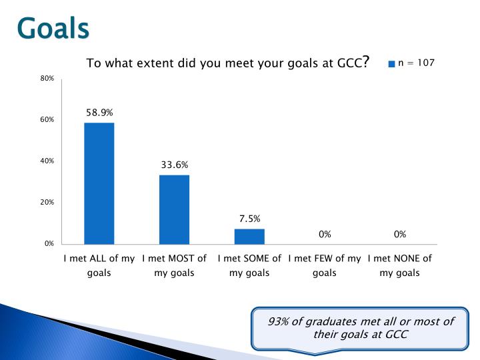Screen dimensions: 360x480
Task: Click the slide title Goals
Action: (x=53, y=28)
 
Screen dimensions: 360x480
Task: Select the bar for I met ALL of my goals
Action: (x=99, y=183)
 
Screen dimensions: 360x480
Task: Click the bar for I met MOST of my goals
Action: (x=174, y=209)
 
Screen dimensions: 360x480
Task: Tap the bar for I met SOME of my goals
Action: (x=249, y=236)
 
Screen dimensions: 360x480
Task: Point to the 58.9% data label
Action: (x=99, y=113)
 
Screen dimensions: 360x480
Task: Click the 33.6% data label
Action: (x=174, y=165)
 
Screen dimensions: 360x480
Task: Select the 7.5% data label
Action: (x=249, y=218)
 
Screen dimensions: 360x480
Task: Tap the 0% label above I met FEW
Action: (x=325, y=234)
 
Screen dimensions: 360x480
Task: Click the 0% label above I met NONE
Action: (x=400, y=234)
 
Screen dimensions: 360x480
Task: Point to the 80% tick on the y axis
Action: (x=47, y=79)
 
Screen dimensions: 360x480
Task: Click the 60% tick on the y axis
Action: (x=47, y=120)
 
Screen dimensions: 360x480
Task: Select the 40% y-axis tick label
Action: (x=47, y=161)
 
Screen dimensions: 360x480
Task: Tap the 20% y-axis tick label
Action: (x=47, y=202)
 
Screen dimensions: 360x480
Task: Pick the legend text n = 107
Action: (x=416, y=63)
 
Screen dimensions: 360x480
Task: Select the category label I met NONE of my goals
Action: (x=400, y=265)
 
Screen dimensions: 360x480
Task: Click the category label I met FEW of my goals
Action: (x=325, y=265)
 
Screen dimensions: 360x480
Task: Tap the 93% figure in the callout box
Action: (x=278, y=321)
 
